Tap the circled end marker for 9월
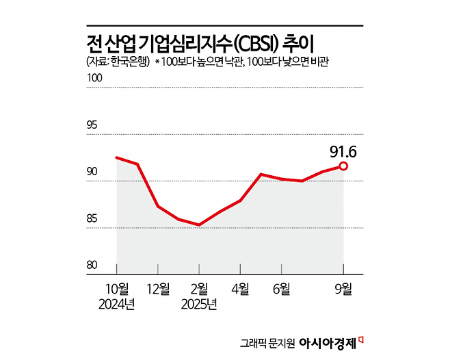(343, 166)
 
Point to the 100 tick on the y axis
(94, 78)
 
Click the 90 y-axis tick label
(92, 172)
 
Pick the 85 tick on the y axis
(92, 219)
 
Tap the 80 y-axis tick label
(92, 266)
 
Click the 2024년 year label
(116, 304)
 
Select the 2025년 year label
(199, 304)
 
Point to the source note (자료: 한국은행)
(117, 62)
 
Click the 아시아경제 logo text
(327, 342)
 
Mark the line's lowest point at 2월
(199, 224)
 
